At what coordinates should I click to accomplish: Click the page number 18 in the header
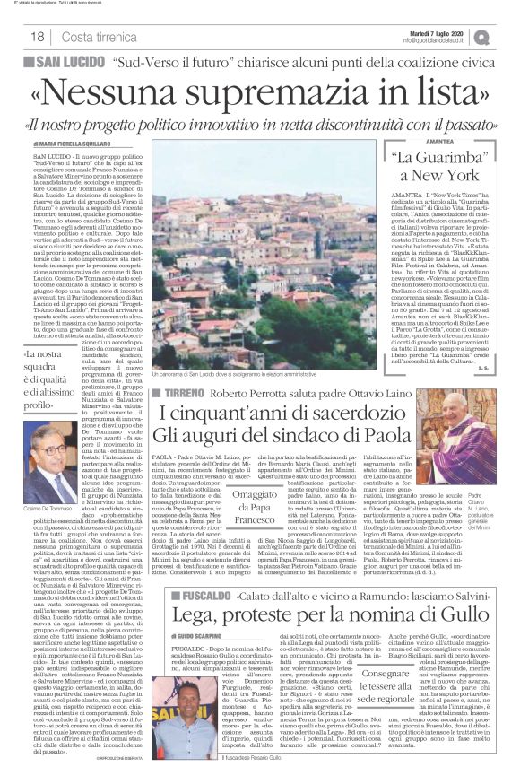coord(37,35)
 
